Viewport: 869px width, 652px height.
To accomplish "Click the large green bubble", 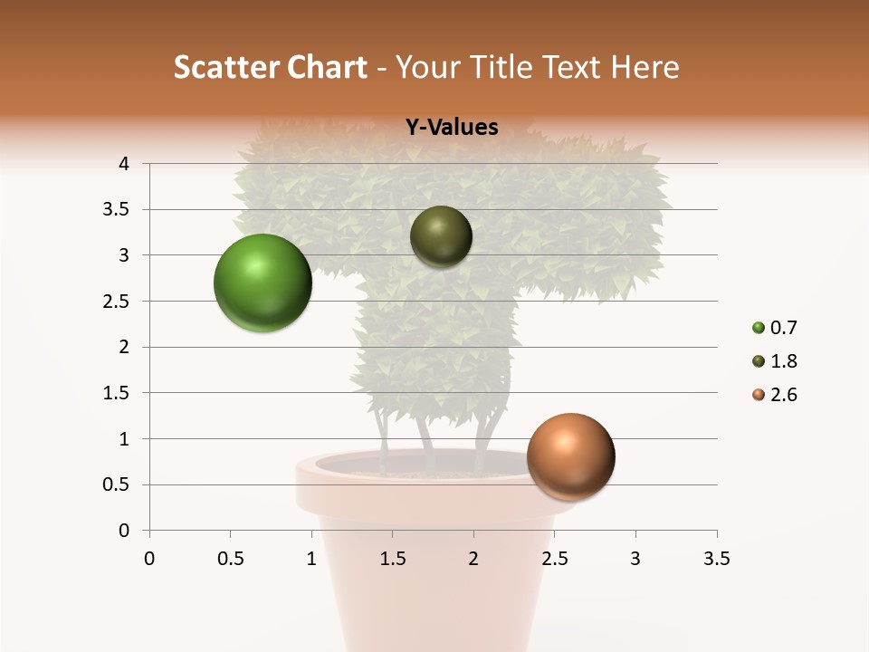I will (x=263, y=283).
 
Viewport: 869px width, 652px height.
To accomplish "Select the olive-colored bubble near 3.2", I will (x=441, y=236).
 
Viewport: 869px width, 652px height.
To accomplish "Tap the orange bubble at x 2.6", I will (x=570, y=456).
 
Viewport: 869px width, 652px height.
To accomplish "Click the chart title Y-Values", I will (x=451, y=128).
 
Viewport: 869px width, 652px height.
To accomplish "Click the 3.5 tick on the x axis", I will (x=716, y=559).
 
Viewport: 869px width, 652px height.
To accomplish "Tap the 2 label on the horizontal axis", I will (x=473, y=559).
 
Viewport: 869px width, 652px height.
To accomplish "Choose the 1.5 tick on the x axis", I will (x=392, y=559).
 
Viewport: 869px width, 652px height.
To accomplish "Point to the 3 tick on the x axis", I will (x=635, y=559).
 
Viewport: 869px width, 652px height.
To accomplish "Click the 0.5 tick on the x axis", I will (x=230, y=559).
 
